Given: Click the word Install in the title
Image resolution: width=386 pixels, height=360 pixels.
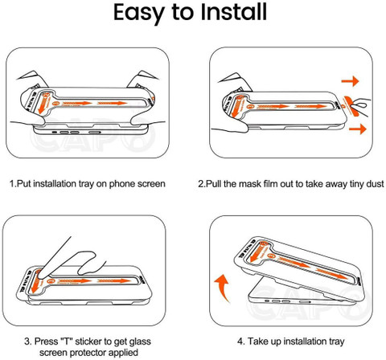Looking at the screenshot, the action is click(234, 12).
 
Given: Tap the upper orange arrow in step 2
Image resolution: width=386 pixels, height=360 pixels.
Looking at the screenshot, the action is click(350, 81).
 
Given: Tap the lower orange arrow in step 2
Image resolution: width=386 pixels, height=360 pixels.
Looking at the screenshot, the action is click(358, 129).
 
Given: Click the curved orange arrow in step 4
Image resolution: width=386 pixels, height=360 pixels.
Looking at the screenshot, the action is click(223, 287).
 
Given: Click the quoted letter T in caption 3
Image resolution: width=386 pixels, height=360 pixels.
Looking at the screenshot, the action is click(66, 342).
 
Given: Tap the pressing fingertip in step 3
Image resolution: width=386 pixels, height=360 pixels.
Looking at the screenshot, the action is click(39, 274).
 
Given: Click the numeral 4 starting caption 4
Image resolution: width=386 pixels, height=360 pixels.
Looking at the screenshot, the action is click(240, 342).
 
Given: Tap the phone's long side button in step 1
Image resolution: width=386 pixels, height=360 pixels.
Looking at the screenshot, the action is click(95, 133).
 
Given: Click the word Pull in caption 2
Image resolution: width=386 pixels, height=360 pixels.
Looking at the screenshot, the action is click(213, 184).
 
